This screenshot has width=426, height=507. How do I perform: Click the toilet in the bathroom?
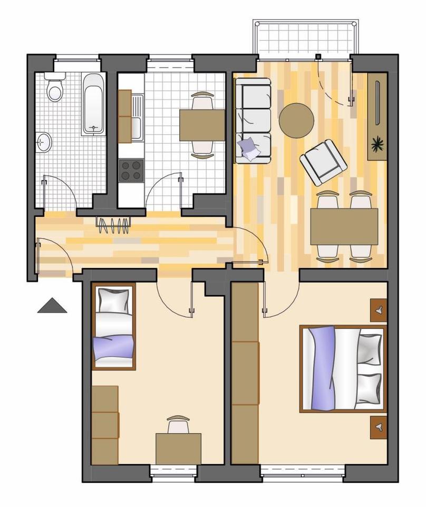(x=55, y=88)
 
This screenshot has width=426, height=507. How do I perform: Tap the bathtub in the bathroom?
(x=94, y=104)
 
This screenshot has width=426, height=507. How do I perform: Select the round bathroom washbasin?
(x=44, y=142)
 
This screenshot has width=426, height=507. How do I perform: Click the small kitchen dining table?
(x=202, y=125)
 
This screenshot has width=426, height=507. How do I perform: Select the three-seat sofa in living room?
(x=253, y=120)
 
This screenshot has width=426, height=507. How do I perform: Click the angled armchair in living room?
(x=323, y=162)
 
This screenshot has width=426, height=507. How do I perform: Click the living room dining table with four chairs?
(x=344, y=227)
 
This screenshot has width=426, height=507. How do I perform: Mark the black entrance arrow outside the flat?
(x=52, y=306)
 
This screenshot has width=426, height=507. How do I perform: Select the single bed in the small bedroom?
(x=113, y=326)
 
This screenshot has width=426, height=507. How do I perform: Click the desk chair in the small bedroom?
(x=178, y=424)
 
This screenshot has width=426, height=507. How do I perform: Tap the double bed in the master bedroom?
(x=343, y=368)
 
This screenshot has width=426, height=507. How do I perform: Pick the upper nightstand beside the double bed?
(x=378, y=311)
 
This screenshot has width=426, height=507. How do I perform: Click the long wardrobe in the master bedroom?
(x=245, y=372)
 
